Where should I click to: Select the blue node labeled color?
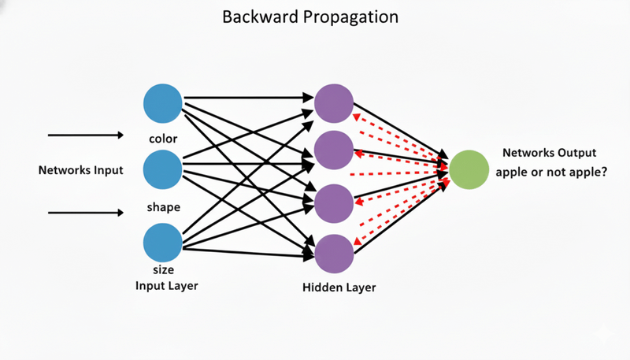[x=163, y=103]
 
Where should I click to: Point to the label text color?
[x=163, y=139]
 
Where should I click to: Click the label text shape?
[x=164, y=208]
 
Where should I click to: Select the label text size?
[x=163, y=270]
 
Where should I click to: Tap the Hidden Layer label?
[x=339, y=288]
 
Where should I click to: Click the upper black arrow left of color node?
[x=86, y=135]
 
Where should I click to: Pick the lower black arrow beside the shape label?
[x=86, y=213]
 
